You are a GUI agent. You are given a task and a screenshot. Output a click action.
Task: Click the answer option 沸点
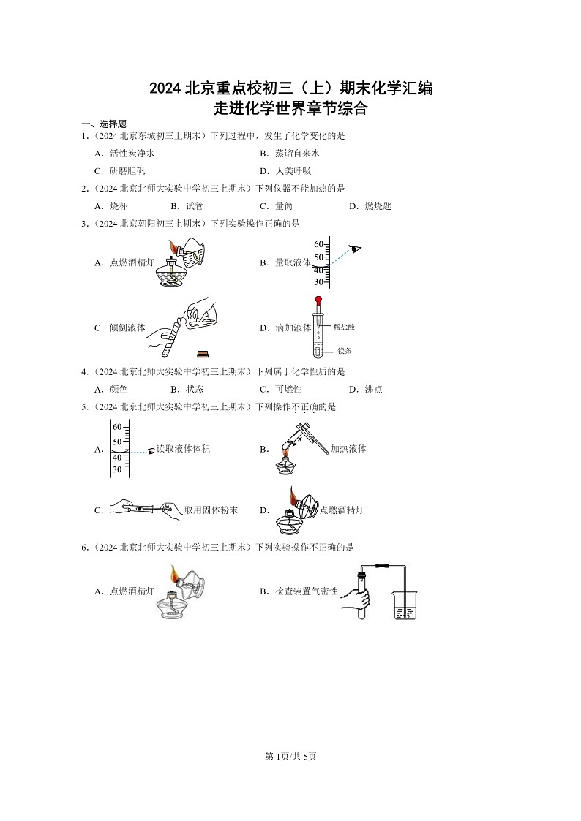coord(373,390)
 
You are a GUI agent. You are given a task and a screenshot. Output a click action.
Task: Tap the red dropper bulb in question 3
coord(319,299)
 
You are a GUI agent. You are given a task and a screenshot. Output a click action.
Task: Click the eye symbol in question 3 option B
coord(356,249)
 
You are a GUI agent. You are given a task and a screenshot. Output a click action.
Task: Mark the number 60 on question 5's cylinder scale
coord(117,426)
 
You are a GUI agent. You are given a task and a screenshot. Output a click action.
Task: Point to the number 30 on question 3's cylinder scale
coord(319,282)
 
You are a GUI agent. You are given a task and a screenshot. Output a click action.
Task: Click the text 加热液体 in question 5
coord(348,449)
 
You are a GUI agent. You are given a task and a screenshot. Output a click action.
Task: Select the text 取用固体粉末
coord(211,510)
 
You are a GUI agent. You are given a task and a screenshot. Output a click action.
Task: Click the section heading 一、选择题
coord(103,124)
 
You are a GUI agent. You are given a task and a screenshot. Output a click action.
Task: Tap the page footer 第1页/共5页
coord(290,756)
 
